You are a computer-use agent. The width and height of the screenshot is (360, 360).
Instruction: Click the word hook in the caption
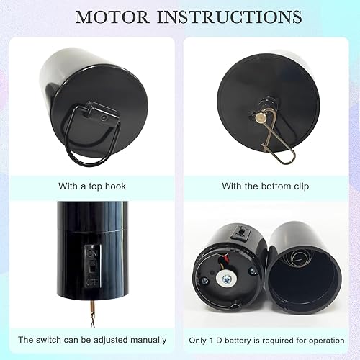[113, 186]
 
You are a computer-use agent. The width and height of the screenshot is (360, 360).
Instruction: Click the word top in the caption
[91, 186]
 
